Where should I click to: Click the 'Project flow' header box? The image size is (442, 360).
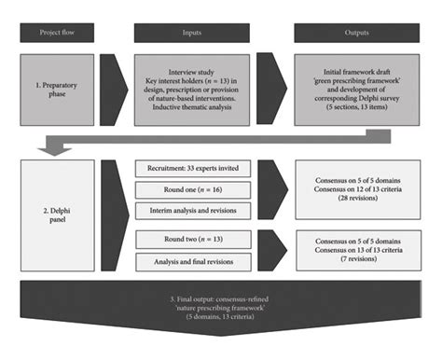tap(57, 33)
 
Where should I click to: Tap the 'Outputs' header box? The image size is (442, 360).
tap(353, 33)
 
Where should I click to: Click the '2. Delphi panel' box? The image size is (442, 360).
tap(57, 215)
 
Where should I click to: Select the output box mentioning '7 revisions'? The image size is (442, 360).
tap(353, 252)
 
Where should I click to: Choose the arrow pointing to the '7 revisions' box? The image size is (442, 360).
tap(272, 252)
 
